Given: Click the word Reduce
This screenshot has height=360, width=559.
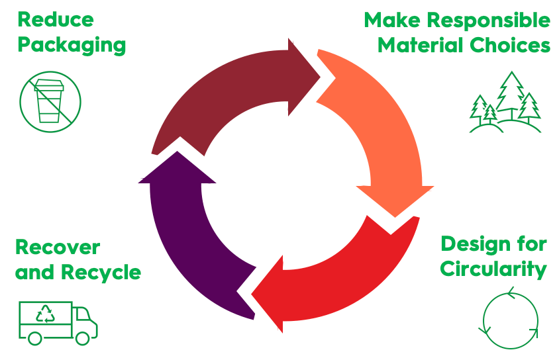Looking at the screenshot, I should click(56, 20).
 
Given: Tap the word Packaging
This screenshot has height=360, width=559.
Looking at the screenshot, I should click(72, 45).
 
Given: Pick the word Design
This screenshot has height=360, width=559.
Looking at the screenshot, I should click(472, 244).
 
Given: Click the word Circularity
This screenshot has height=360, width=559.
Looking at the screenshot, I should click(493, 269).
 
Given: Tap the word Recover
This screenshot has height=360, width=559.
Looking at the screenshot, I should click(58, 247).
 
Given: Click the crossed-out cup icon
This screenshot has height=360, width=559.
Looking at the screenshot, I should click(50, 102).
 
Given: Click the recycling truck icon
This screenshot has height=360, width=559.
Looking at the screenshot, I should click(58, 322).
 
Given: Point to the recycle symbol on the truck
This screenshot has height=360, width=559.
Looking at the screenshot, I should click(46, 314).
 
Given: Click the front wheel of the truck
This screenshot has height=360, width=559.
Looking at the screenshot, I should click(82, 337).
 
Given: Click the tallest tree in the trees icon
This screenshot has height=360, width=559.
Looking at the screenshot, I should click(511, 93).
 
